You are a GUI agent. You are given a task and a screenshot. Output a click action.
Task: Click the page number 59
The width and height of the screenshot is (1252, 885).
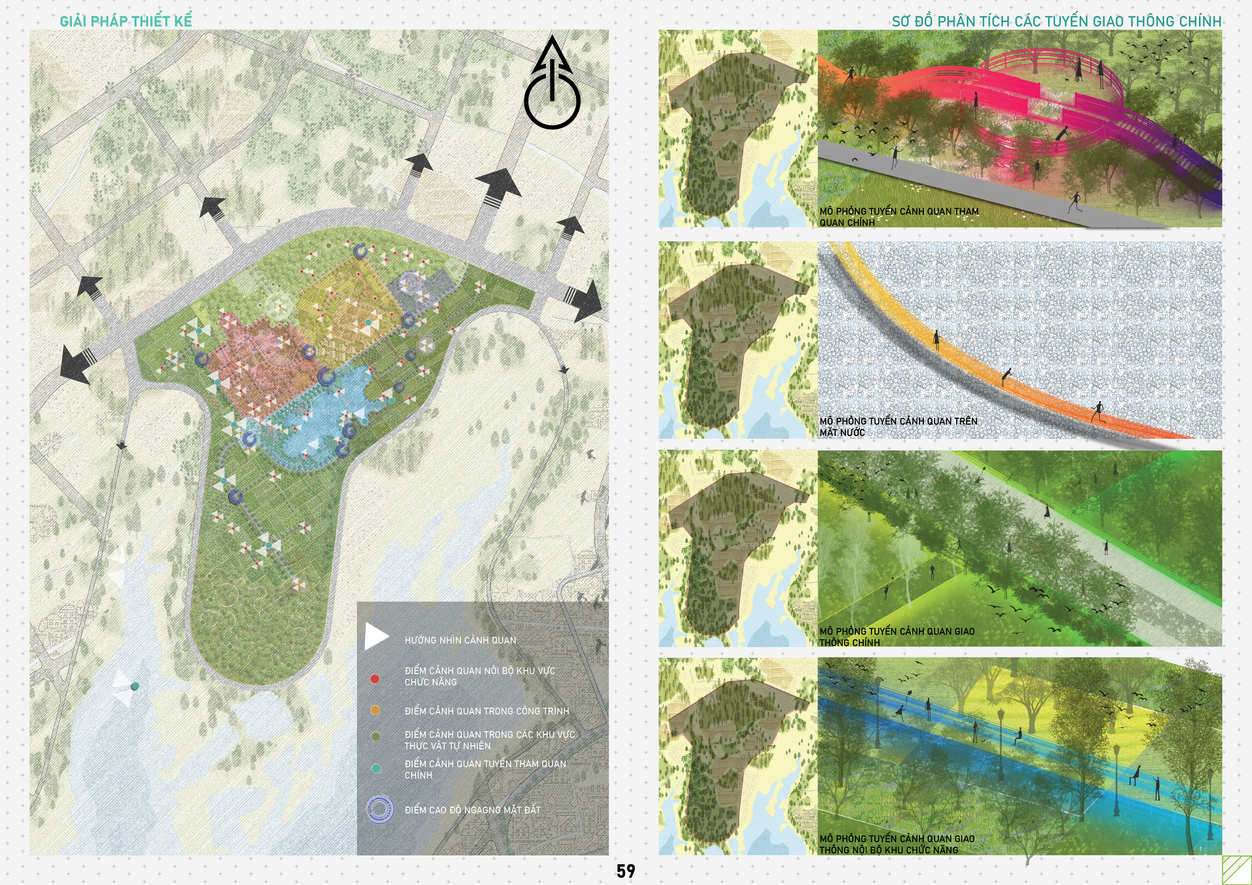[x=625, y=870]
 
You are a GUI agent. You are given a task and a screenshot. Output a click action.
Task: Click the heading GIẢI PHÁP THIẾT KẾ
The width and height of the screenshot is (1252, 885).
[x=126, y=21]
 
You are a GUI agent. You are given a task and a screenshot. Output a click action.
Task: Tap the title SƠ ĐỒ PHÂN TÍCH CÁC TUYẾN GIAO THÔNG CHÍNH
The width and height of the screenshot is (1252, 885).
[x=1056, y=21]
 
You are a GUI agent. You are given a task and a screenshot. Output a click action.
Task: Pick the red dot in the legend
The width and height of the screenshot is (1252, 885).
[x=375, y=678]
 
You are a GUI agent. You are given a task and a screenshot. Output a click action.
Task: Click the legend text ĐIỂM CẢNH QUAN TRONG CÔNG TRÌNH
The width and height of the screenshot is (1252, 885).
[x=486, y=711]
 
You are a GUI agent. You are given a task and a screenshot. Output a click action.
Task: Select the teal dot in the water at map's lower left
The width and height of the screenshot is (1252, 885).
[x=135, y=686]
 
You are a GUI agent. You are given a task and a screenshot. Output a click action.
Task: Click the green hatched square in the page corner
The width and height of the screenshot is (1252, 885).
[x=1236, y=869]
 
